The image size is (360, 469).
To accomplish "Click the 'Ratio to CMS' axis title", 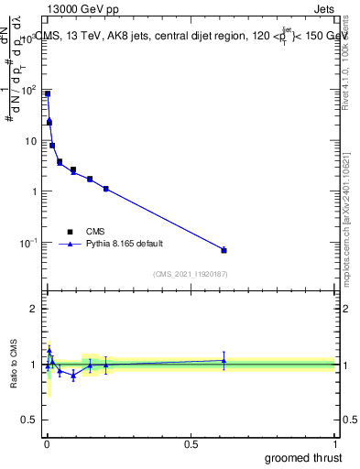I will click(x=15, y=364).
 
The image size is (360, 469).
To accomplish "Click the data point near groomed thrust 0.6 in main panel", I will click(x=224, y=250).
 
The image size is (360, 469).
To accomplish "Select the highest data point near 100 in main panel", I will click(x=48, y=93).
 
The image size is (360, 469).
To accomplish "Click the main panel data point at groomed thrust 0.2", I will click(x=106, y=189).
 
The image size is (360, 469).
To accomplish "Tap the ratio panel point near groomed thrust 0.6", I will click(x=224, y=360).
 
